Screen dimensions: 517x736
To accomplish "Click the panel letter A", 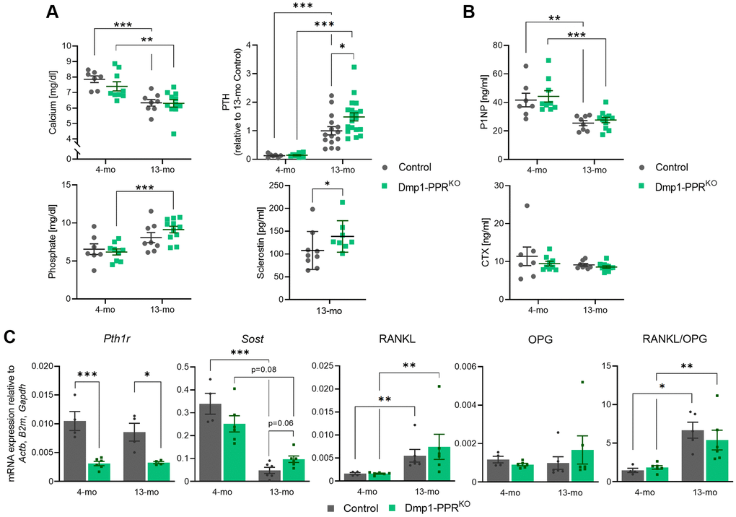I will [52, 12].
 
